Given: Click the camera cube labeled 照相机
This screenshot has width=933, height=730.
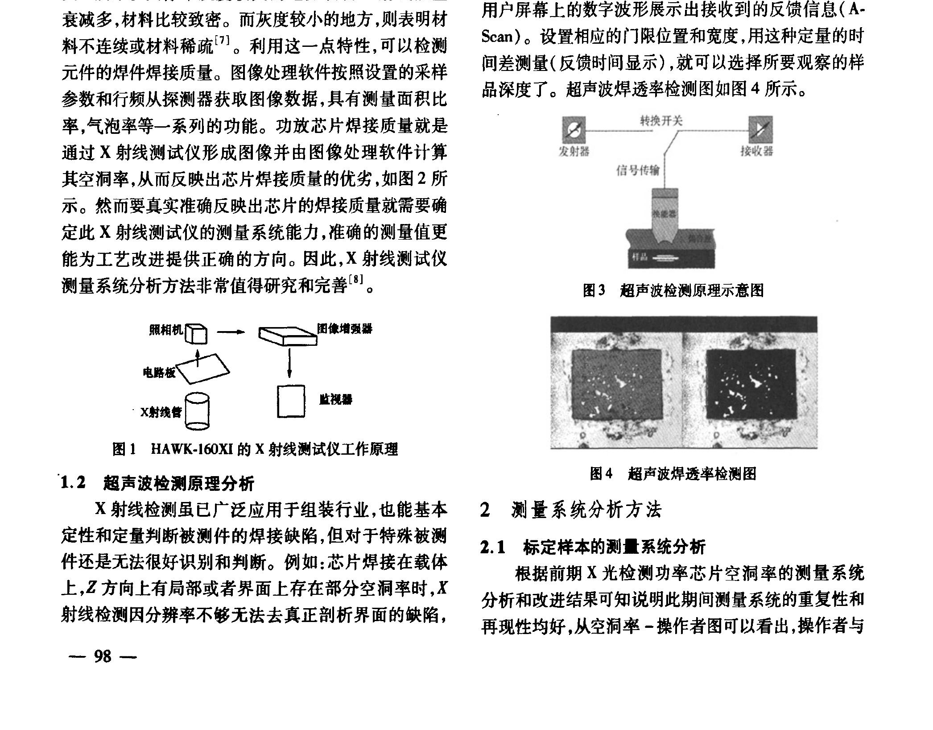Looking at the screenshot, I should coord(196,334).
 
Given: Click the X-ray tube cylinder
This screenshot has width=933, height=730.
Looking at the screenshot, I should coord(197,411).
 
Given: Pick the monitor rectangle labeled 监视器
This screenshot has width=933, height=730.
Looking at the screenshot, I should coord(291,401).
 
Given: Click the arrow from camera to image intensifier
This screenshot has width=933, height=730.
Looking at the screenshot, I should coord(231,332).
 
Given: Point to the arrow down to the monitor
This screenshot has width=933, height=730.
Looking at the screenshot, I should coord(289,362).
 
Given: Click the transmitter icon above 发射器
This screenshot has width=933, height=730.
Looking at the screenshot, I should coord(574,130).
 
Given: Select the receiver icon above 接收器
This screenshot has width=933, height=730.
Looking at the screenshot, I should coord(760,130).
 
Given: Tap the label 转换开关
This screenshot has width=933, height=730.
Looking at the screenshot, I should coord(661,121).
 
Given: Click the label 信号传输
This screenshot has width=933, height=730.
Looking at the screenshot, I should coord(637,170).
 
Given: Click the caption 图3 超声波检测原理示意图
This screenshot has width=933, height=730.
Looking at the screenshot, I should coord(673,290).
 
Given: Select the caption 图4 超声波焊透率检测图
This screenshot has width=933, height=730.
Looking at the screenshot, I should coord(673,473).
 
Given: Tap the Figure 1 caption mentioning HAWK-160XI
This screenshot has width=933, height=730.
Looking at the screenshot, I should coord(255,449).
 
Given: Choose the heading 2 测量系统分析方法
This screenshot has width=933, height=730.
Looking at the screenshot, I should coord(571,510).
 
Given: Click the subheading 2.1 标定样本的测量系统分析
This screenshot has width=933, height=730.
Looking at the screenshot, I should coord(593,547).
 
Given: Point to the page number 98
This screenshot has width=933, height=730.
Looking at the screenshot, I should coord(103,656).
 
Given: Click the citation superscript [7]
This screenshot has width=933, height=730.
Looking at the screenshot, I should coord(222,41).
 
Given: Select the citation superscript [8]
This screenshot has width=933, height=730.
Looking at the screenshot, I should coord(355,280).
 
